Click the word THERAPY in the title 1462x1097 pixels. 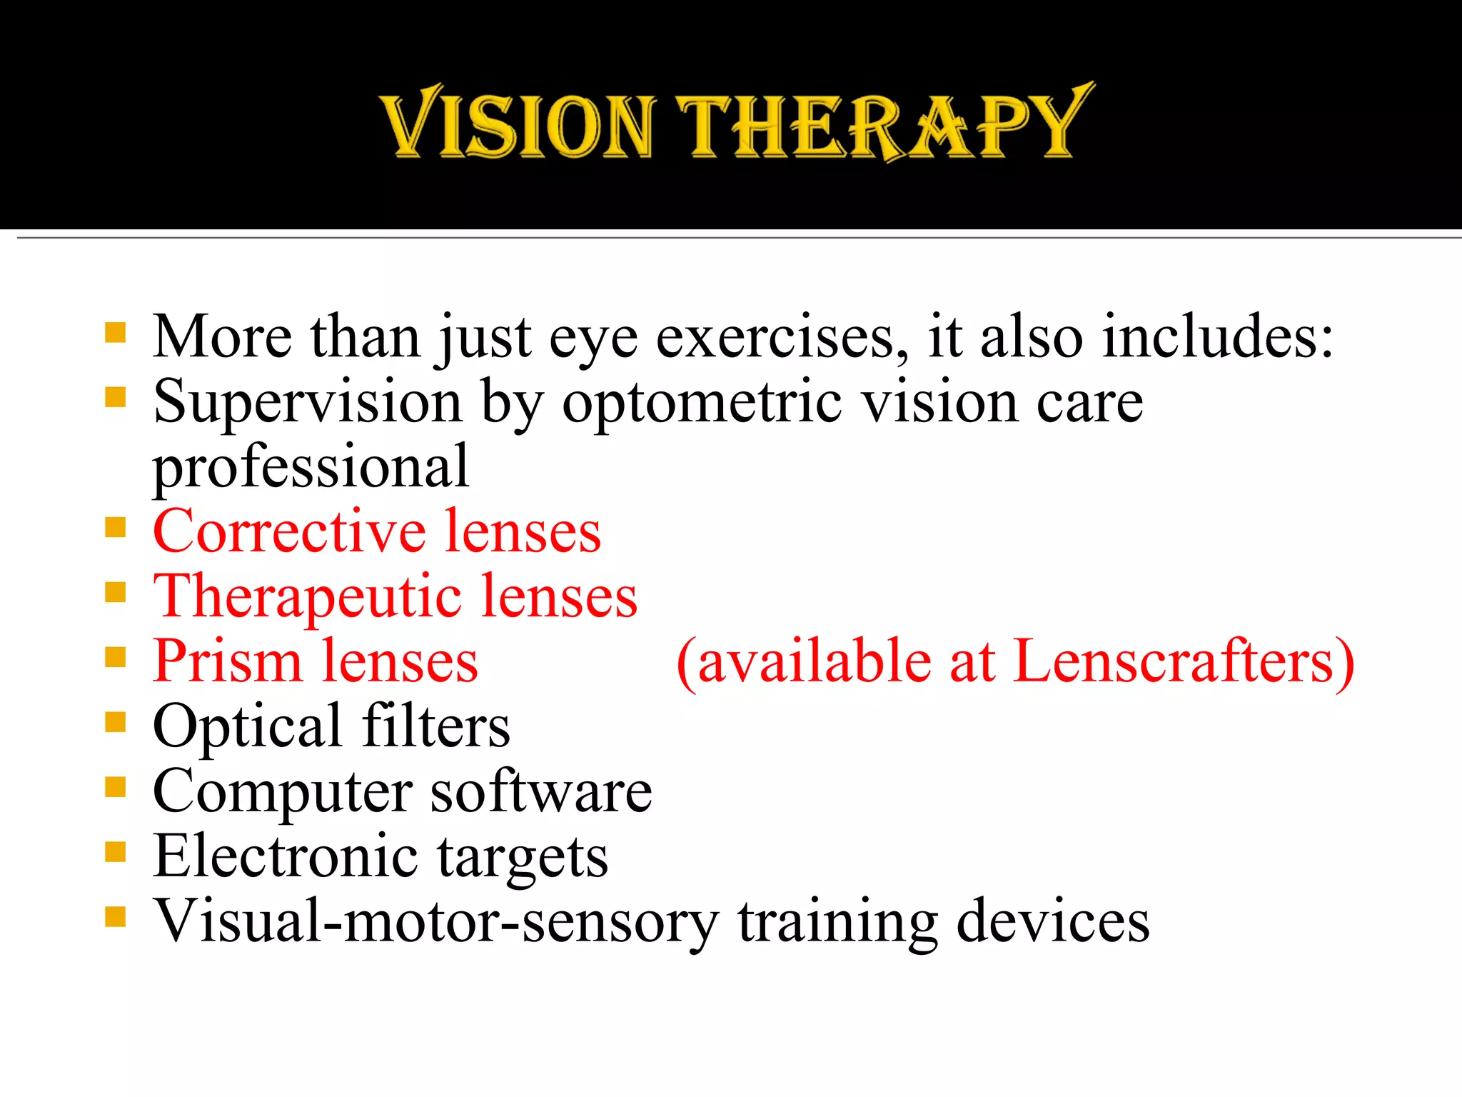pyautogui.click(x=885, y=123)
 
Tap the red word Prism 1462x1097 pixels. pyautogui.click(x=227, y=662)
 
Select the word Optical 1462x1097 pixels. pyautogui.click(x=247, y=727)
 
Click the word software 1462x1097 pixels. pyautogui.click(x=541, y=792)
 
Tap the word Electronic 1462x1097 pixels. pyautogui.click(x=286, y=856)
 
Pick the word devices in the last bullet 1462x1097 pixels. pyautogui.click(x=1053, y=921)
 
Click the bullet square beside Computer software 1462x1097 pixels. pyautogui.click(x=115, y=787)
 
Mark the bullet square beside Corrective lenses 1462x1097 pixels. pyautogui.click(x=115, y=528)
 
